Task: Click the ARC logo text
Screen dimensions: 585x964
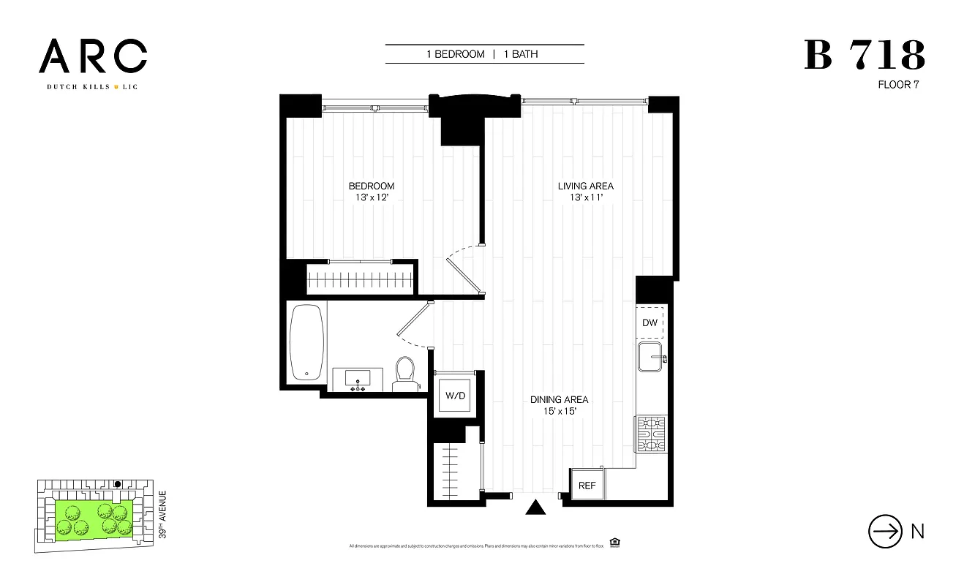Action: pyautogui.click(x=93, y=56)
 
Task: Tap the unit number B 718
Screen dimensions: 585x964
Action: pyautogui.click(x=865, y=56)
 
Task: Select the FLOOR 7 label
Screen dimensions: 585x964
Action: pyautogui.click(x=897, y=84)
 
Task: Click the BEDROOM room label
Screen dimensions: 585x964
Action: pyautogui.click(x=372, y=186)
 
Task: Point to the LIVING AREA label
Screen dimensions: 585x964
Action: pyautogui.click(x=585, y=186)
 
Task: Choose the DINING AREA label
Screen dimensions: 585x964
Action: pyautogui.click(x=560, y=399)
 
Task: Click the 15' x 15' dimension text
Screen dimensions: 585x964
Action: pyautogui.click(x=560, y=412)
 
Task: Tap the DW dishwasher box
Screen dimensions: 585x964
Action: pyautogui.click(x=649, y=322)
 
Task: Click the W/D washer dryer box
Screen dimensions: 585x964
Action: pyautogui.click(x=456, y=396)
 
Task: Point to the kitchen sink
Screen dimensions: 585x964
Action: pyautogui.click(x=651, y=358)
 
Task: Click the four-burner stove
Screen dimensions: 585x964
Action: pyautogui.click(x=650, y=434)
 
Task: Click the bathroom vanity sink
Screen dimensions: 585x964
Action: pyautogui.click(x=358, y=380)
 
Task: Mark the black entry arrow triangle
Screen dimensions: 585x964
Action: pyautogui.click(x=537, y=507)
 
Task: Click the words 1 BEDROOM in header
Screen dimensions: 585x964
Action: pyautogui.click(x=456, y=54)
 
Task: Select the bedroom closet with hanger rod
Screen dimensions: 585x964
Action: pyautogui.click(x=361, y=279)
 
